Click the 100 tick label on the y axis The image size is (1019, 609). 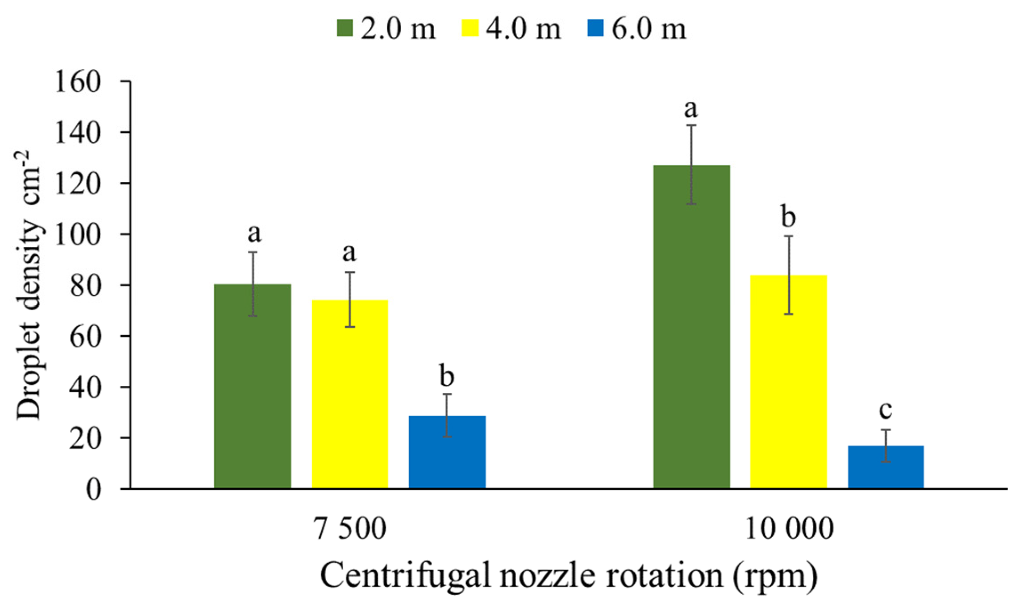78,235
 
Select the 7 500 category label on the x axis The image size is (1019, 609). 350,529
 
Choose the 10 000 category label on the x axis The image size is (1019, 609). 789,529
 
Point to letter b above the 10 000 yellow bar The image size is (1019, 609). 788,217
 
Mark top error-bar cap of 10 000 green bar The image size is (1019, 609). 691,125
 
